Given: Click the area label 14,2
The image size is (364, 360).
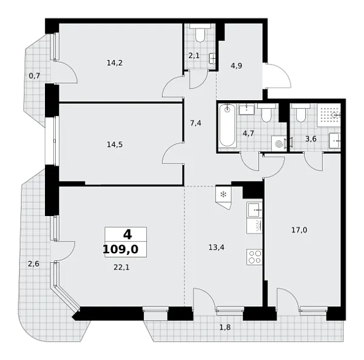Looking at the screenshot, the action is pos(115,63).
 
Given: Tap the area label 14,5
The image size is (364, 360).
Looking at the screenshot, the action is pos(115,144).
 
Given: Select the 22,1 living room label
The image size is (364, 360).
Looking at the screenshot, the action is pos(121,268).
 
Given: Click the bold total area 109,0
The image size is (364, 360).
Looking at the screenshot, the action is pos(121,250).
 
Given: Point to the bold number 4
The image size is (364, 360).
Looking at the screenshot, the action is pos(127,234).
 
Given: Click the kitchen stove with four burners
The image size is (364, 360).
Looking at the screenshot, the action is pos(255,257).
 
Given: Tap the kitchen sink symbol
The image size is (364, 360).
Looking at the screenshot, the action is pos(254,209).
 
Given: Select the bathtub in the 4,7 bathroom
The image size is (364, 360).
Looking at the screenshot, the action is pos(227,126).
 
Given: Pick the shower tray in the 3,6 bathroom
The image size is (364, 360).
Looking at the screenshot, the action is pos(329,115).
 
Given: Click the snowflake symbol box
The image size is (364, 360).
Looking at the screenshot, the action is pos(223,194).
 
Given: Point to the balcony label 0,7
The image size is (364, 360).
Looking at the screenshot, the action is pos(35,76).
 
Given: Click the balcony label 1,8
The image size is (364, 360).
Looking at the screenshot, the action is pos(225,327).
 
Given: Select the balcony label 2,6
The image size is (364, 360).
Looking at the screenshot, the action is pos(33,264).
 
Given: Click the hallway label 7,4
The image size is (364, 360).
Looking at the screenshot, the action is pos(196,123).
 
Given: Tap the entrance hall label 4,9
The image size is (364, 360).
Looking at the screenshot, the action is pos(237,66).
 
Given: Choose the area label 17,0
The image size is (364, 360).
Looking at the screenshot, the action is pos(299,230).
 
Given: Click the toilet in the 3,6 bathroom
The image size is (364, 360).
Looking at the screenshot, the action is pos(301,113).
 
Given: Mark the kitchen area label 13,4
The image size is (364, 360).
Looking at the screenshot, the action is pos(217,247).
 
